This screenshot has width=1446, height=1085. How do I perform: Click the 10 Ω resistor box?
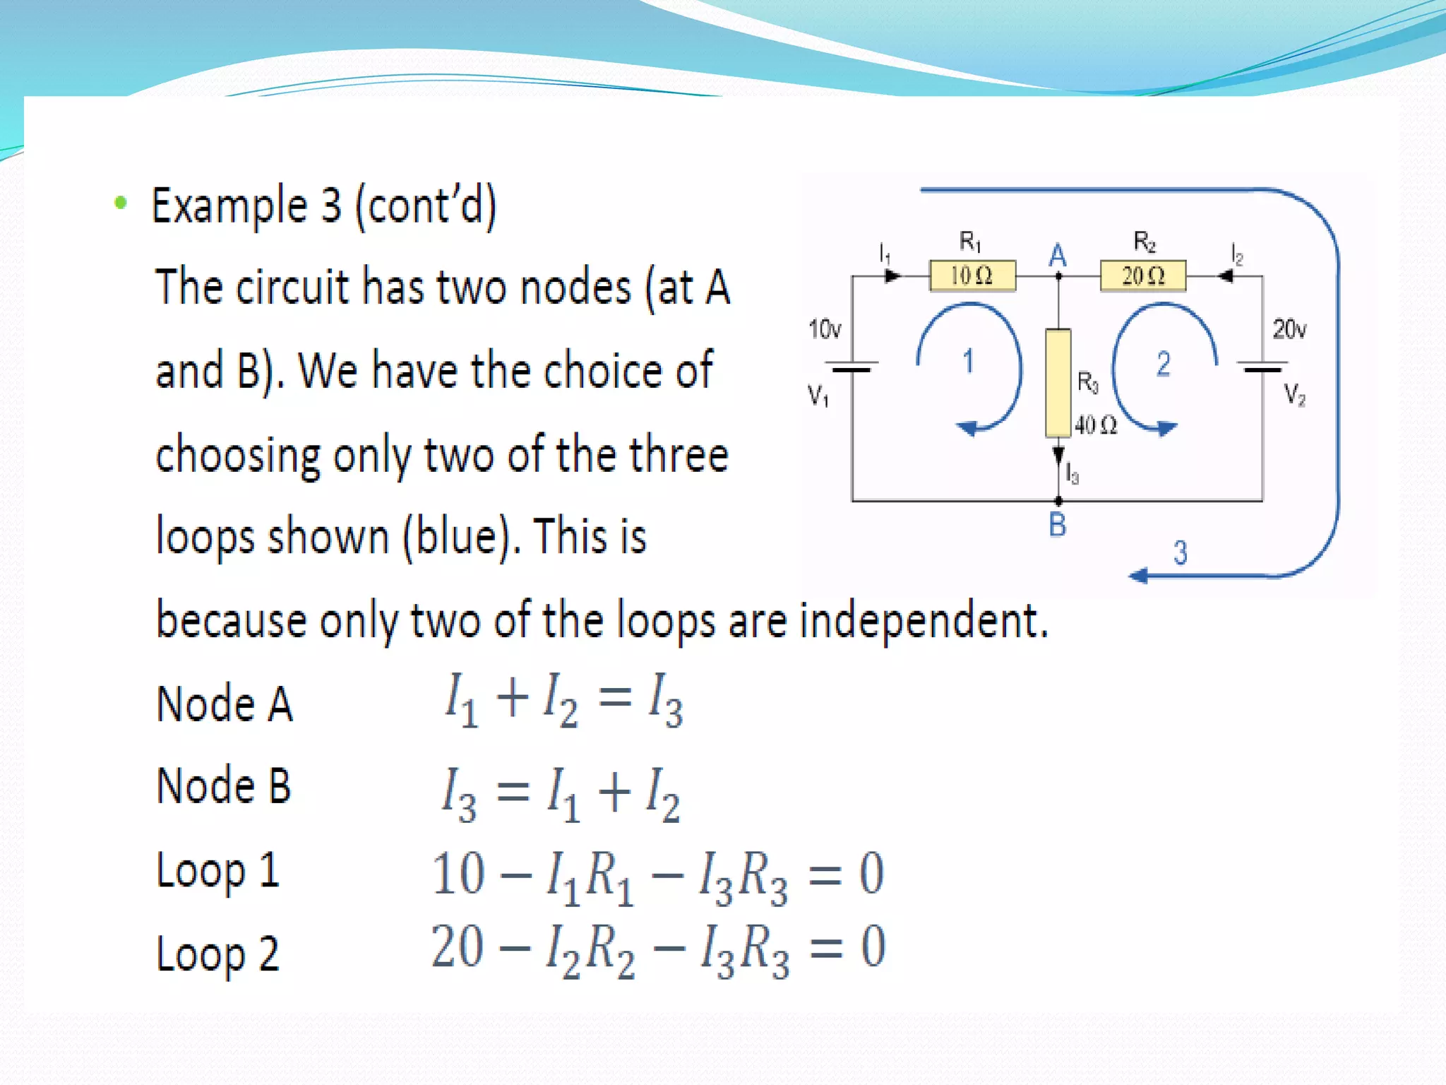972,275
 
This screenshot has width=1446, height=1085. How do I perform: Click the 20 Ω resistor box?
1143,275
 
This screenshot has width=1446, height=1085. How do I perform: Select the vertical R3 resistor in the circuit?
1058,382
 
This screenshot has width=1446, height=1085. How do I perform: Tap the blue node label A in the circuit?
1057,256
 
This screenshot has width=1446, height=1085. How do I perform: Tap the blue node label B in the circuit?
1057,525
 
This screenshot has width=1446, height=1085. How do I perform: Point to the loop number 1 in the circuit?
968,362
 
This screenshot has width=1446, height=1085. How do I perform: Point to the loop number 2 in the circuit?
1163,364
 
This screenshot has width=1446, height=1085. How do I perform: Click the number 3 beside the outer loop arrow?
1180,552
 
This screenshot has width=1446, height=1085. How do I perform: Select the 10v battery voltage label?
825,329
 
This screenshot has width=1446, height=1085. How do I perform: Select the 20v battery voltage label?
1289,329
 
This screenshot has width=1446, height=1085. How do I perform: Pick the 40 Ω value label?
1096,425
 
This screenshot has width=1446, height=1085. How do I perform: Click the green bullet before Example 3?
121,203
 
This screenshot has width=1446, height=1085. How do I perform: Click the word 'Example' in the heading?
229,206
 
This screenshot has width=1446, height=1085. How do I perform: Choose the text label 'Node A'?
225,704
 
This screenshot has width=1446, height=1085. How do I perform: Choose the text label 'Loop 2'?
217,954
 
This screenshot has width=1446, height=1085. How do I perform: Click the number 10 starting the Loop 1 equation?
458,874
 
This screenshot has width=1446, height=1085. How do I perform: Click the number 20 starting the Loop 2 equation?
458,947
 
